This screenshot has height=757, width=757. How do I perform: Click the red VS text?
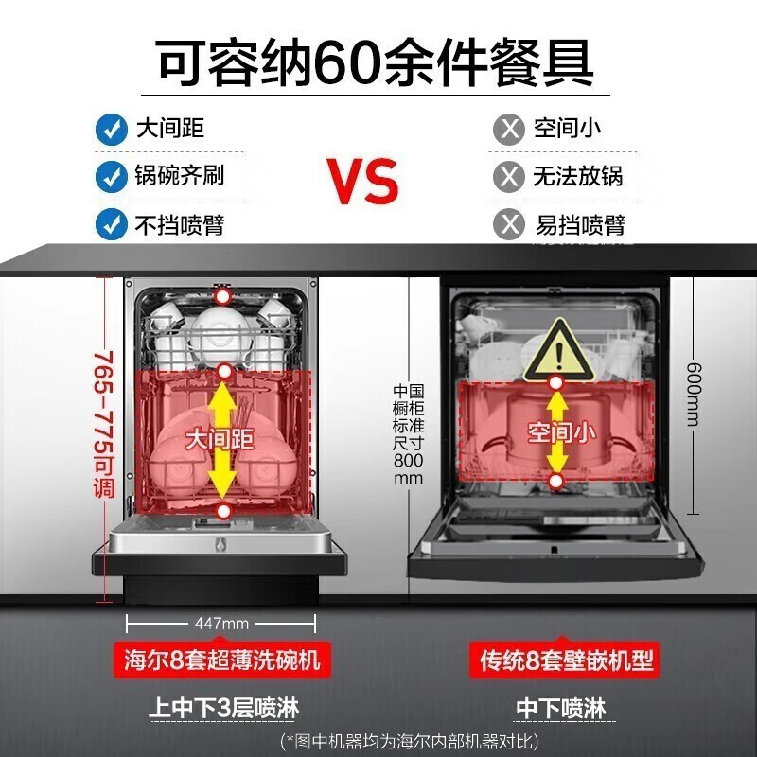(x=362, y=180)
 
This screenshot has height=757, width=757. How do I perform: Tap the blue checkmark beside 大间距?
(x=112, y=130)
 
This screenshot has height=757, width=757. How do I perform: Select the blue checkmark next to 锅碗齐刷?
(x=112, y=177)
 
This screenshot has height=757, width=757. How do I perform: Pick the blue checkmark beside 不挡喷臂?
(x=112, y=224)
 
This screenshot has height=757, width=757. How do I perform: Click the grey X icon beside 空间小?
(x=509, y=130)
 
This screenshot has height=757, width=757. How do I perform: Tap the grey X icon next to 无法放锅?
(x=509, y=177)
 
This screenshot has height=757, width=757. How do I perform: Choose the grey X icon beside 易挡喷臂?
(x=509, y=224)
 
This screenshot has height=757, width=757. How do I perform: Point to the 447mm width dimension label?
(x=221, y=624)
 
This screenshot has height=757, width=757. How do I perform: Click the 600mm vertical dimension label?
(x=694, y=395)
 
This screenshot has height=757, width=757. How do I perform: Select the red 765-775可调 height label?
(x=103, y=424)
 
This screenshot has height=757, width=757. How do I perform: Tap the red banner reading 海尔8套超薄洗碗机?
(x=222, y=660)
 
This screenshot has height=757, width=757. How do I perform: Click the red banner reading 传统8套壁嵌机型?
(x=565, y=660)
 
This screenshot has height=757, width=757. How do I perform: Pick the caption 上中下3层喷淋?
(x=223, y=708)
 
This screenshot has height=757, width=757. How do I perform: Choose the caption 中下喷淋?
(x=561, y=708)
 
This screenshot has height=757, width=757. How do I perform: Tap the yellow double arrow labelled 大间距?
(x=221, y=440)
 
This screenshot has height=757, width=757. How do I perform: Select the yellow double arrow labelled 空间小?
(x=557, y=432)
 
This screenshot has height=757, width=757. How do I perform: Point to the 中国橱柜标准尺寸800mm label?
(x=409, y=434)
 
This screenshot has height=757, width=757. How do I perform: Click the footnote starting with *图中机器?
(x=410, y=741)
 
